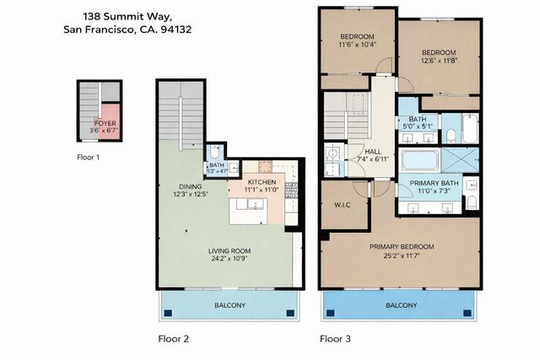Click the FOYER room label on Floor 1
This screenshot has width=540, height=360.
click(x=105, y=123)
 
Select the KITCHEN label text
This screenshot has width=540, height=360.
click(x=262, y=182)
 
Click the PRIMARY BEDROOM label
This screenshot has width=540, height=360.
click(x=401, y=247)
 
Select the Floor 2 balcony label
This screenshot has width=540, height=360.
click(x=228, y=305)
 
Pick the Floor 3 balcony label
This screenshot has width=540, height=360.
click(x=401, y=305)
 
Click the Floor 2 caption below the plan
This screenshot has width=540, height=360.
click(x=174, y=339)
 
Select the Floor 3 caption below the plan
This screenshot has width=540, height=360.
click(x=336, y=339)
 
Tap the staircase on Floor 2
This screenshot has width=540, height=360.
click(x=181, y=118)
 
